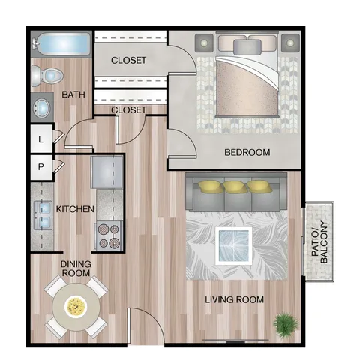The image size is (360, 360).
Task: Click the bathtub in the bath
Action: coord(61,44)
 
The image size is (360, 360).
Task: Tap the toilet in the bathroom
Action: coord(47,75)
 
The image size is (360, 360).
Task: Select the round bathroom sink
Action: coord(42,108)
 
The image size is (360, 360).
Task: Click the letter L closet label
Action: coord(41,139)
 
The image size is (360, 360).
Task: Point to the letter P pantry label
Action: coord(41,166)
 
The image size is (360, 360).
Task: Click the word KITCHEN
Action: coord(75,209)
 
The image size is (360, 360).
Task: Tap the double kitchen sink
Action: coord(43,215)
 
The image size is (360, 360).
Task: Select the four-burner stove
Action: coord(109,236)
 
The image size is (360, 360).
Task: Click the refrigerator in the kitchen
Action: coord(107,172)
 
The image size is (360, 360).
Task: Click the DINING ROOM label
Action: coord(76,268)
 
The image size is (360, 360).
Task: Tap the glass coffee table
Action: coord(234,245)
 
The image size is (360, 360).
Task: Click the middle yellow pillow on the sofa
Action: coord(234,187)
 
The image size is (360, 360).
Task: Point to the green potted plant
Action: coord(286,323)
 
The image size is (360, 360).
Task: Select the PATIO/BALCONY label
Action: coord(319,242)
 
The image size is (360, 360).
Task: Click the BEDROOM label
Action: coord(247,152)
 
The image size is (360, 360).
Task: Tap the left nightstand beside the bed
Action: coord(204,43)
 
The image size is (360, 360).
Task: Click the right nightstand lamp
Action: coord(290,43)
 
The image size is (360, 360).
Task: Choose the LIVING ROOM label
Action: coord(235,299)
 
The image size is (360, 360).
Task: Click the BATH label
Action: coord(73,94)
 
